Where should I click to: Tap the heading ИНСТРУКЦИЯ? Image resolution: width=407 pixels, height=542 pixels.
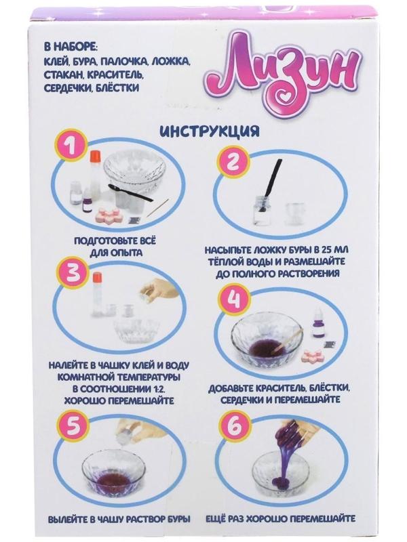tap(210, 131)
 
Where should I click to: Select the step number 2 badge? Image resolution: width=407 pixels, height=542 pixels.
tap(233, 161)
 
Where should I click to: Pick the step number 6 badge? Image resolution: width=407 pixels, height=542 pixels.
tap(234, 425)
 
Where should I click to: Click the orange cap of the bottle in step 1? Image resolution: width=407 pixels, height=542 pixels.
tap(95, 157)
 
